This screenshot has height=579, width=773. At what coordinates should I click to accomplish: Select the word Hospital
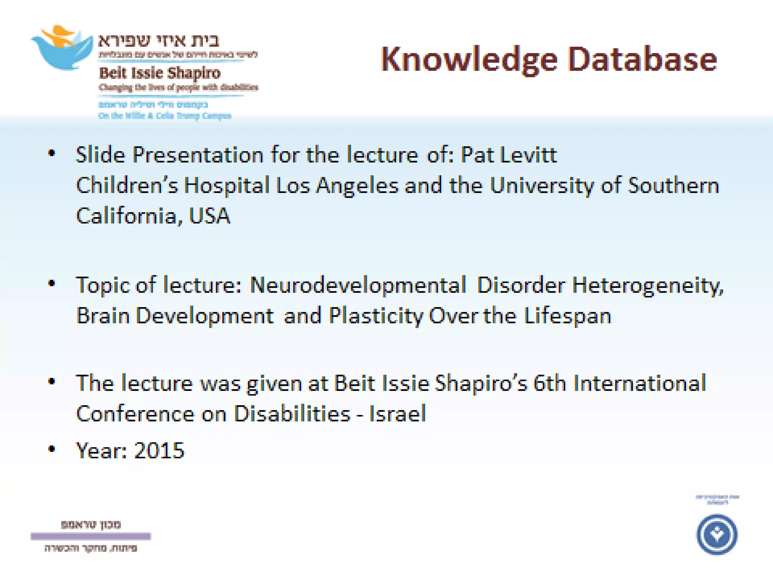click(226, 185)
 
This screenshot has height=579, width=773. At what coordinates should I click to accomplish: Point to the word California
click(126, 216)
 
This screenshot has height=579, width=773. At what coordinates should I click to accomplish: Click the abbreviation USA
click(209, 216)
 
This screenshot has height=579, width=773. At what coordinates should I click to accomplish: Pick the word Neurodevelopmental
click(358, 285)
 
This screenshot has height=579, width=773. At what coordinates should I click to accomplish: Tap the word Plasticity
click(376, 316)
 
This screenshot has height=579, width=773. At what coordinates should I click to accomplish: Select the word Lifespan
click(567, 316)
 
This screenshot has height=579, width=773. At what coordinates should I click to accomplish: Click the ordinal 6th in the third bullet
click(549, 383)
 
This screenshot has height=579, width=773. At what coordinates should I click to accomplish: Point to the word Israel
click(397, 414)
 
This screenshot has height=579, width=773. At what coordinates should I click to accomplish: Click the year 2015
click(159, 450)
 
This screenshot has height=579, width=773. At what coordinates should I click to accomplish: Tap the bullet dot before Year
click(52, 449)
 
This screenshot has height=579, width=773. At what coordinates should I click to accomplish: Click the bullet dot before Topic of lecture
click(52, 283)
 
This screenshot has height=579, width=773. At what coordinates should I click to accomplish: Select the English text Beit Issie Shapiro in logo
click(159, 73)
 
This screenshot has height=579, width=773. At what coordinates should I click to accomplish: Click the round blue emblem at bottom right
click(716, 534)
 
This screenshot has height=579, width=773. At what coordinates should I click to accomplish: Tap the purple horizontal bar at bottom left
click(91, 536)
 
